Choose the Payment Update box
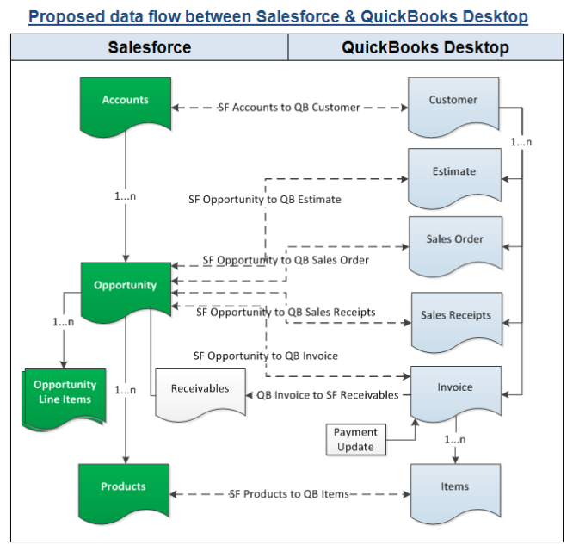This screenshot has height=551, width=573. pyautogui.click(x=355, y=439)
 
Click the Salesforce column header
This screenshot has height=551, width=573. pyautogui.click(x=149, y=47)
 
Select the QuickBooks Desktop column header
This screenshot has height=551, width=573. pyautogui.click(x=425, y=47)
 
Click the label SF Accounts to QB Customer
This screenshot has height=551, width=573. pyautogui.click(x=288, y=108)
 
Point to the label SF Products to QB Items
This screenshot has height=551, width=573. pyautogui.click(x=289, y=494)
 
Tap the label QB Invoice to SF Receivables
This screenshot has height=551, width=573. pyautogui.click(x=328, y=395)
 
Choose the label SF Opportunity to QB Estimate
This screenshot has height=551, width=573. pyautogui.click(x=265, y=200)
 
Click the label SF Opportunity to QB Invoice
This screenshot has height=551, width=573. pyautogui.click(x=266, y=356)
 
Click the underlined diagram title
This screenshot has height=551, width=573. pyautogui.click(x=279, y=15)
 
